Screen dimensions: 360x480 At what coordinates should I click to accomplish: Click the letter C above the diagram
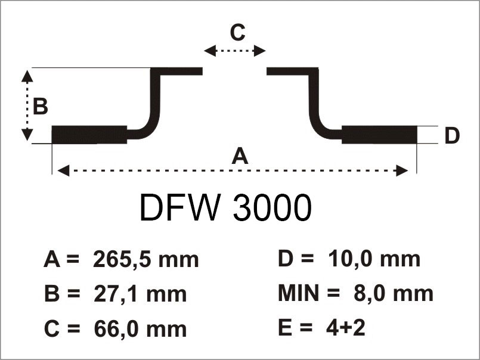(x=237, y=33)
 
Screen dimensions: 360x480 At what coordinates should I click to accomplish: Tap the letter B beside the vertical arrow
(x=41, y=107)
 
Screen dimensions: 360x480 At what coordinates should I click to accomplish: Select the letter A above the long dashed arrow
(x=239, y=156)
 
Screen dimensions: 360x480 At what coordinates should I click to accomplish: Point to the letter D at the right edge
(x=452, y=136)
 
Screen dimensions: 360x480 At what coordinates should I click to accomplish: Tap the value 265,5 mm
(x=145, y=260)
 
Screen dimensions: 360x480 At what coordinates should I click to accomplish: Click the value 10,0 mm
(x=374, y=259)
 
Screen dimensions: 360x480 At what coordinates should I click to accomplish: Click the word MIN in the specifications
(x=300, y=293)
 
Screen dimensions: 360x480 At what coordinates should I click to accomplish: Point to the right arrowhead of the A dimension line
(x=404, y=171)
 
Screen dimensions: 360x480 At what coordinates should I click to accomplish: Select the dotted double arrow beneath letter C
(x=235, y=51)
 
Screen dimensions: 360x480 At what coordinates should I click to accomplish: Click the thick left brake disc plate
(x=89, y=135)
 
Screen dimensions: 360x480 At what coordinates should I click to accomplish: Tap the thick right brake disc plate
(x=379, y=135)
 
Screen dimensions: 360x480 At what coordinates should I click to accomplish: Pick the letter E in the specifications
(x=284, y=328)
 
